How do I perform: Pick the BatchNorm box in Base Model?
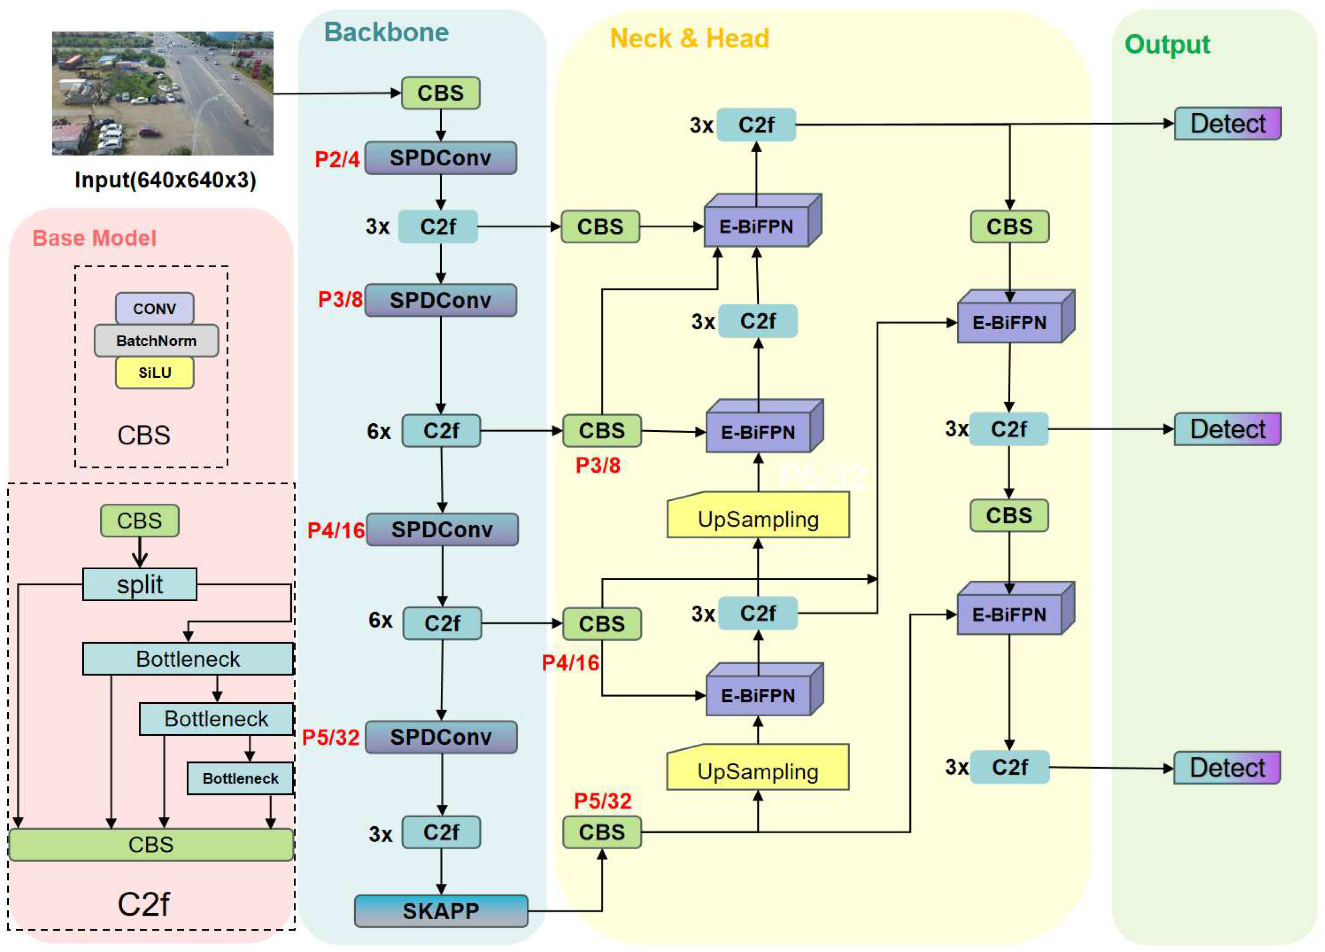coord(156,341)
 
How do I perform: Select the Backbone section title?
coord(386,32)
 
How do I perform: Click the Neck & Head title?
coord(689,39)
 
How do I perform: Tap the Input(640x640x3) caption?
coord(165,180)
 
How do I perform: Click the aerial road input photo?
coord(163,93)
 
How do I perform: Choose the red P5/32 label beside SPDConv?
coord(331,737)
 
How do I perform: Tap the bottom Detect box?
coord(1227,767)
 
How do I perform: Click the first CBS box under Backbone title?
coord(440,93)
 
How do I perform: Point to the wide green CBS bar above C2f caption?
coord(151,844)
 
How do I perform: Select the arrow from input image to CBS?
coord(336,93)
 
